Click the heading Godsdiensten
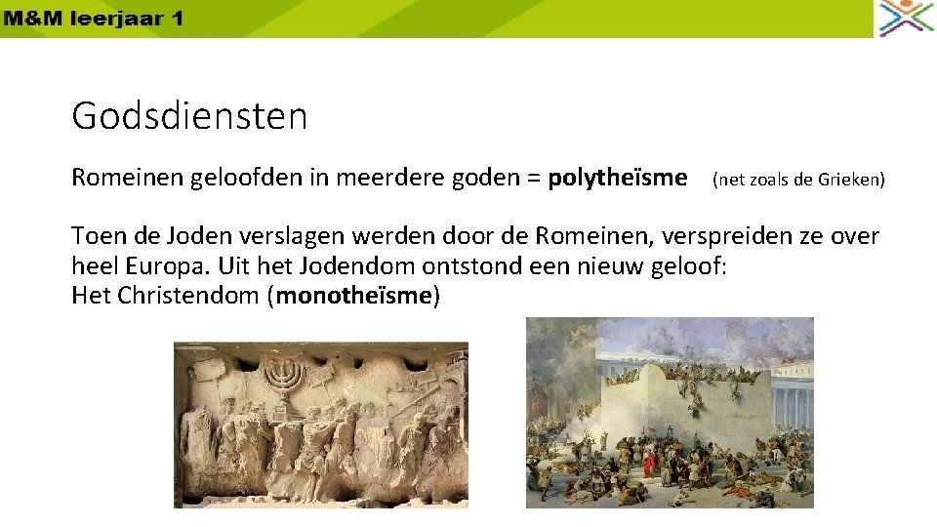[189, 117]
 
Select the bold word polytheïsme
[617, 179]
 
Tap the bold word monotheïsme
[353, 296]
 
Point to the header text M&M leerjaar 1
[92, 19]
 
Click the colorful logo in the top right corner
[906, 19]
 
